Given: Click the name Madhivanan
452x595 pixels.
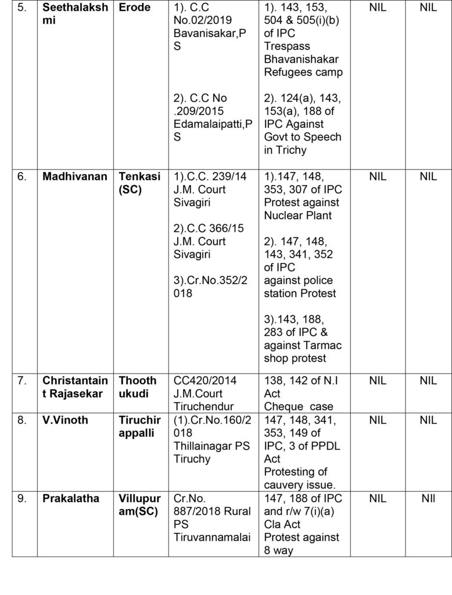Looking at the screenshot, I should (74, 177).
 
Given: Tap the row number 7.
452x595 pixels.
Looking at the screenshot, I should (21, 381).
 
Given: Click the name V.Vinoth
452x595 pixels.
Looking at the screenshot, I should (65, 420).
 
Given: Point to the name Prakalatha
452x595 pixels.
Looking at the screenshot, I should (70, 499).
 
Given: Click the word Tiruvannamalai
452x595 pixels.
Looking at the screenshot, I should (212, 537).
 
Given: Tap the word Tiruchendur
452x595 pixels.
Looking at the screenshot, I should (203, 406).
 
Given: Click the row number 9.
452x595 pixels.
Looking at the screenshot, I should (21, 499).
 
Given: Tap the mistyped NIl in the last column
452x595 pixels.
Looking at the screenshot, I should (428, 499).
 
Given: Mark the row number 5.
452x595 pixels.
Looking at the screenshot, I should (21, 8).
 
